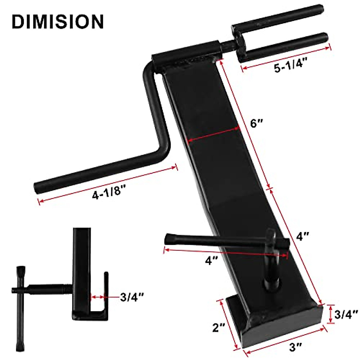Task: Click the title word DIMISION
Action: point(58,22)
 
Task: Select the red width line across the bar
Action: point(213,135)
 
